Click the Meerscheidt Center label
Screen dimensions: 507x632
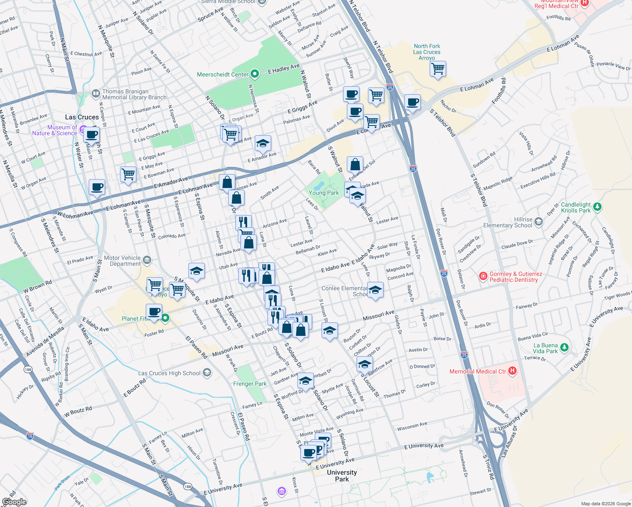click(x=223, y=74)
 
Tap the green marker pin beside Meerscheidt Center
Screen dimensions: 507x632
click(x=254, y=74)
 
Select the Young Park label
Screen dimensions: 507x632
click(x=324, y=193)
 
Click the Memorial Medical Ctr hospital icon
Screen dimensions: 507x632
click(x=512, y=371)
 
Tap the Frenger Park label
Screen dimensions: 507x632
click(x=250, y=384)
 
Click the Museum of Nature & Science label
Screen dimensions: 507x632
click(x=54, y=130)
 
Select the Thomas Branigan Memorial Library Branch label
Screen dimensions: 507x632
click(x=134, y=94)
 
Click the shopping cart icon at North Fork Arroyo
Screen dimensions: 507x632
click(x=438, y=68)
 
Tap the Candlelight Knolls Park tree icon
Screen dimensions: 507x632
click(x=597, y=207)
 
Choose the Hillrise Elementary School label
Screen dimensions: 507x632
click(x=507, y=222)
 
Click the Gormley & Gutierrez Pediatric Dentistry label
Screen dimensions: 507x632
click(x=515, y=277)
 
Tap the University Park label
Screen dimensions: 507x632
click(x=342, y=475)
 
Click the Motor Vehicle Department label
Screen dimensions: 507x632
click(x=122, y=261)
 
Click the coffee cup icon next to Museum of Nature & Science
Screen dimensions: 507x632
click(x=91, y=135)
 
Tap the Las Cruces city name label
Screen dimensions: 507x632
click(x=82, y=117)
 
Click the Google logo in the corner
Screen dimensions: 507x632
click(x=14, y=502)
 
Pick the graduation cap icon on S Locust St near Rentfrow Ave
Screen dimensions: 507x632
click(x=364, y=363)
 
